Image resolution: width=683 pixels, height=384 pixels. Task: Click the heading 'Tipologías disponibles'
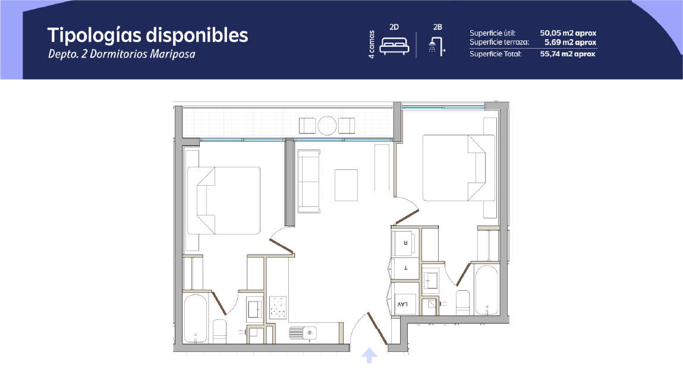click(x=147, y=36)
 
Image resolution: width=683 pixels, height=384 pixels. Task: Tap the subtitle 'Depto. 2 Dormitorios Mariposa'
click(x=121, y=55)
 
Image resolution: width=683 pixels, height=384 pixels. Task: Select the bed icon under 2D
click(x=394, y=46)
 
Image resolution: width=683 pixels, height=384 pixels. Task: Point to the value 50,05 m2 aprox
click(x=568, y=33)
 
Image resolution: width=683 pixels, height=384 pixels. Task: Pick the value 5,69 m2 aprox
click(x=570, y=42)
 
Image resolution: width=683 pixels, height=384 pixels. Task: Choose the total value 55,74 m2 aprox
click(x=568, y=54)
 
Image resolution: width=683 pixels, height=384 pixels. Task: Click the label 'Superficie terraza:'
click(x=499, y=42)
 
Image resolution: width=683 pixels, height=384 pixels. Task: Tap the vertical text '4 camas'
click(x=372, y=45)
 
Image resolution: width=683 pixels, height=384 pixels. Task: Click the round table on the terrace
click(x=327, y=126)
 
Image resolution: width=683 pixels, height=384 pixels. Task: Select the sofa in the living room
click(x=309, y=182)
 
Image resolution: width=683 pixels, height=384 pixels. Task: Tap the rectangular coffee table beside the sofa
click(x=347, y=185)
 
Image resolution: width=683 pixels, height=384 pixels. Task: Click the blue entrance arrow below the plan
click(x=369, y=355)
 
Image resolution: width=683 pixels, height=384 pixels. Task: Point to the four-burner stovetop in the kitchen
click(x=278, y=307)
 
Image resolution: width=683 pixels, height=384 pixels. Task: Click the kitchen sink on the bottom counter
click(x=303, y=333)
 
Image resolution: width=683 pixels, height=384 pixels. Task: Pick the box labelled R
click(x=405, y=243)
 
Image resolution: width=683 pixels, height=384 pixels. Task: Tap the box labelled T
click(x=405, y=268)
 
